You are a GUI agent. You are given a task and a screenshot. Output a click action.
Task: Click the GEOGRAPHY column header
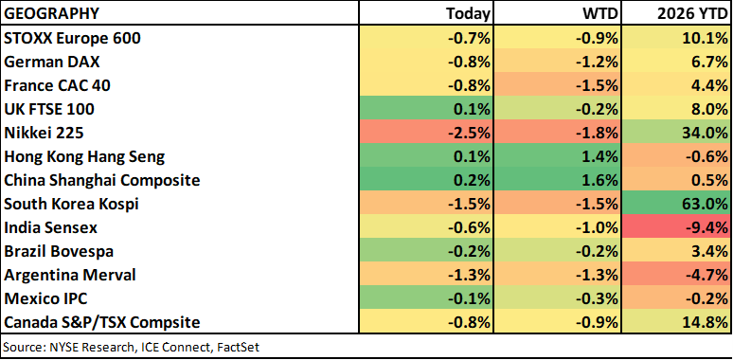pos(52,13)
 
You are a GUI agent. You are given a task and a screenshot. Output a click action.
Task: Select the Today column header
pos(468,13)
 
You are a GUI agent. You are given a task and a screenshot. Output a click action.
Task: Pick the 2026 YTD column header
pos(691,13)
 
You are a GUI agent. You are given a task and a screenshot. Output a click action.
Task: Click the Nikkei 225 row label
pos(44,134)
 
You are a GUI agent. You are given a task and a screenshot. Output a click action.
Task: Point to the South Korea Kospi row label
pos(72,205)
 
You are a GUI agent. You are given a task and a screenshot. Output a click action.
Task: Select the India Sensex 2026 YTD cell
pos(675,227)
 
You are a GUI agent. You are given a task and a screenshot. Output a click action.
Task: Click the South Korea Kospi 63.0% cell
pos(675,205)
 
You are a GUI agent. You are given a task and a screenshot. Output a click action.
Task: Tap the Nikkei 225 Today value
pos(469,134)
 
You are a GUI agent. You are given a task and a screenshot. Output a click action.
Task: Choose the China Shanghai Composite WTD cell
pos(557,180)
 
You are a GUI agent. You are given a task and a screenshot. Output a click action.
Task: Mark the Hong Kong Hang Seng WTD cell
pos(557,156)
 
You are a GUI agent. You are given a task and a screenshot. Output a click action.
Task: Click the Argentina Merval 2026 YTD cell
pos(675,275)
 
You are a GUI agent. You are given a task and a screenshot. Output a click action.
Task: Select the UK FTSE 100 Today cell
pos(426,109)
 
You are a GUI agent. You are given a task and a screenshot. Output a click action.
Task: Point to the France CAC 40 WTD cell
pos(557,85)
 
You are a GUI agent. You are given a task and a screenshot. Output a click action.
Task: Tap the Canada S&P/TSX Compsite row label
pos(102,323)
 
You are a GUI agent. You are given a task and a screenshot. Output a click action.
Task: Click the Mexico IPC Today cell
pos(426,298)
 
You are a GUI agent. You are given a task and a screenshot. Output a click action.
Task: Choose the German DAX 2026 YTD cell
pos(675,63)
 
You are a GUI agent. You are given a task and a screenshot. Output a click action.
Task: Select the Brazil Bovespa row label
pos(59,252)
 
